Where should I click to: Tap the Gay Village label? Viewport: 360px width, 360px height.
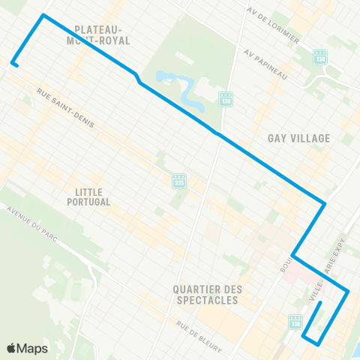(298, 138)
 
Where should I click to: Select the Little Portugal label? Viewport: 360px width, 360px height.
(93, 196)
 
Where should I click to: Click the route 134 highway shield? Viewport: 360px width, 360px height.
(321, 58)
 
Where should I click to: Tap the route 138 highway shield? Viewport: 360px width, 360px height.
(226, 99)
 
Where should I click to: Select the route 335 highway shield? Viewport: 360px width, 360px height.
(179, 181)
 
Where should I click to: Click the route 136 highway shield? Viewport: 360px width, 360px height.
(295, 321)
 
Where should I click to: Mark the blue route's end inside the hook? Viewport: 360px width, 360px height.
(320, 303)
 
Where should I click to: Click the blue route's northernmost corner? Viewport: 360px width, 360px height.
(43, 15)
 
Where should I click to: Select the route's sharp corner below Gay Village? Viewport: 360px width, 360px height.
(324, 202)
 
